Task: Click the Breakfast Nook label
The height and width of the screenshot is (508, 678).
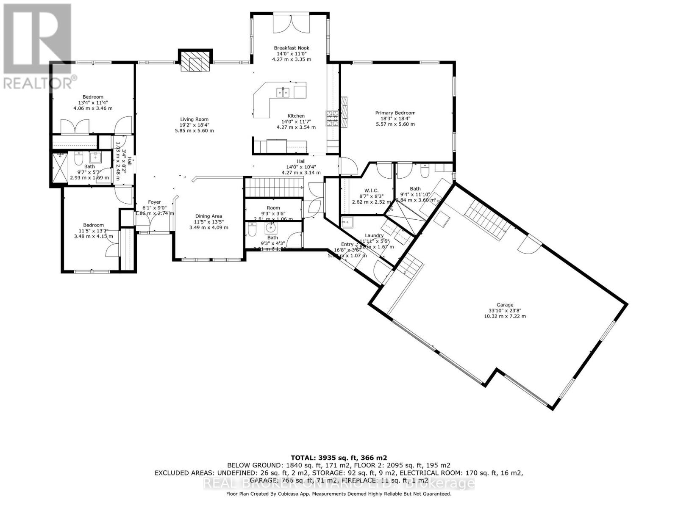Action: pyautogui.click(x=291, y=48)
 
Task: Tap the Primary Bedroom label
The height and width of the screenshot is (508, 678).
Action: pyautogui.click(x=395, y=113)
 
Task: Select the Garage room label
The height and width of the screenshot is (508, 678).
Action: pyautogui.click(x=505, y=305)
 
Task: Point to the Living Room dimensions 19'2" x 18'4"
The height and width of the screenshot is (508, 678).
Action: pyautogui.click(x=194, y=125)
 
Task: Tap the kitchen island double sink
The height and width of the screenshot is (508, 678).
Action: pyautogui.click(x=283, y=92)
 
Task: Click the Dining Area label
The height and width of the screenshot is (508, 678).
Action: pyautogui.click(x=208, y=216)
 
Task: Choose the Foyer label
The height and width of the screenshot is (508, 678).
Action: pyautogui.click(x=154, y=202)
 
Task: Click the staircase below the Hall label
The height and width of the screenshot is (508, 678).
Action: pyautogui.click(x=275, y=187)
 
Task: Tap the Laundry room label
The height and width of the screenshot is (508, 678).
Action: pyautogui.click(x=374, y=235)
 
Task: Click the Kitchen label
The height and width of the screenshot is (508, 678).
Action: pyautogui.click(x=296, y=116)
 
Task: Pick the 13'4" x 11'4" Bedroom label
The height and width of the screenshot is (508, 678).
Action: pyautogui.click(x=93, y=97)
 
